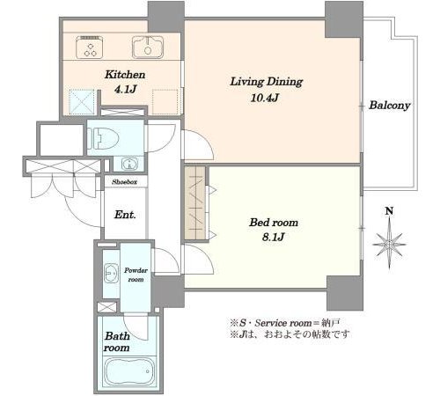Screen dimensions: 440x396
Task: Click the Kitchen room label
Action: point(125,75)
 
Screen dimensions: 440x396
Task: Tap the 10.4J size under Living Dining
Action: point(264,98)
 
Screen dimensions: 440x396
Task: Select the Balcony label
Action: point(389,106)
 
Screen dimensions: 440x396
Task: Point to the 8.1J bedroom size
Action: point(274,237)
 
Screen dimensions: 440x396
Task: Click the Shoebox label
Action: point(125,182)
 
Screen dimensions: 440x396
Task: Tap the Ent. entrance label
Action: point(125,215)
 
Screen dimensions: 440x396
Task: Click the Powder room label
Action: point(136,275)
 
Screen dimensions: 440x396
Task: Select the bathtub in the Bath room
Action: point(129,371)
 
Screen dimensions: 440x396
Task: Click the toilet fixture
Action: point(103,138)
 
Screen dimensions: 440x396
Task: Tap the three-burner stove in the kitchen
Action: point(90,47)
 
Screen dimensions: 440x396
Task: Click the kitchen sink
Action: point(148,48)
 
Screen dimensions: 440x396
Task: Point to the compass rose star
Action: point(389,244)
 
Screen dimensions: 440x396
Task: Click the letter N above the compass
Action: point(389,211)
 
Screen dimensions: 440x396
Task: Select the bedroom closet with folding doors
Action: point(195,203)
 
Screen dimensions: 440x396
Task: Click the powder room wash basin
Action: point(111,273)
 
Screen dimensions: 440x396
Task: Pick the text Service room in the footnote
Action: point(283,323)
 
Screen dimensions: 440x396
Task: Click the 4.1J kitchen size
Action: point(125,89)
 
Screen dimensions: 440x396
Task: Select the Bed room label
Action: point(274,223)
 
